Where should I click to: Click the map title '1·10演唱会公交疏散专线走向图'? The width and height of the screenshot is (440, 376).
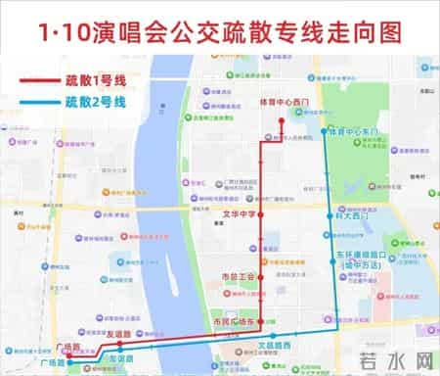coord(220,32)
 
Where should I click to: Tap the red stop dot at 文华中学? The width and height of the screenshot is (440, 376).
coord(261,213)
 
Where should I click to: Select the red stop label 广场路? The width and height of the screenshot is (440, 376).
coord(68,347)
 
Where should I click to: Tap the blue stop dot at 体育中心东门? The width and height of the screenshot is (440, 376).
coord(325,130)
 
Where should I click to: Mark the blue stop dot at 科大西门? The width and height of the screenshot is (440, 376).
coord(328,216)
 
